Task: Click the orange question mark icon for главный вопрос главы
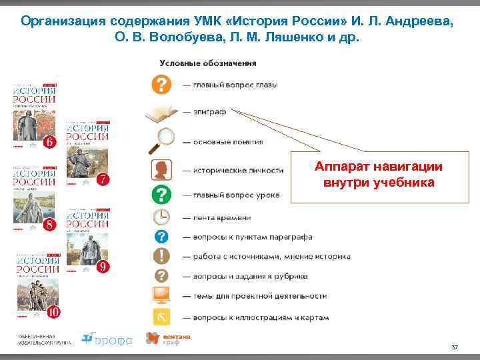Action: pos(161,85)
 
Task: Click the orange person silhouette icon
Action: pos(161,169)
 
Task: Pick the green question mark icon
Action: pos(161,195)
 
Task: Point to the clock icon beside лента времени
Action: pos(161,217)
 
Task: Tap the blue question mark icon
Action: pos(161,237)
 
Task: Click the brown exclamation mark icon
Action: pos(161,256)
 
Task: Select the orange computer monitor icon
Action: pos(161,295)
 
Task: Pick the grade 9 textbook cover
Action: pos(88,241)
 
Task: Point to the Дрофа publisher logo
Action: pos(107,339)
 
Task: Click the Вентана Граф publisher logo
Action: pos(168,339)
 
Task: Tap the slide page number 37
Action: pos(455,347)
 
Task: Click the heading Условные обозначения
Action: pos(208,63)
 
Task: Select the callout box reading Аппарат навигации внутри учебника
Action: pos(378,175)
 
